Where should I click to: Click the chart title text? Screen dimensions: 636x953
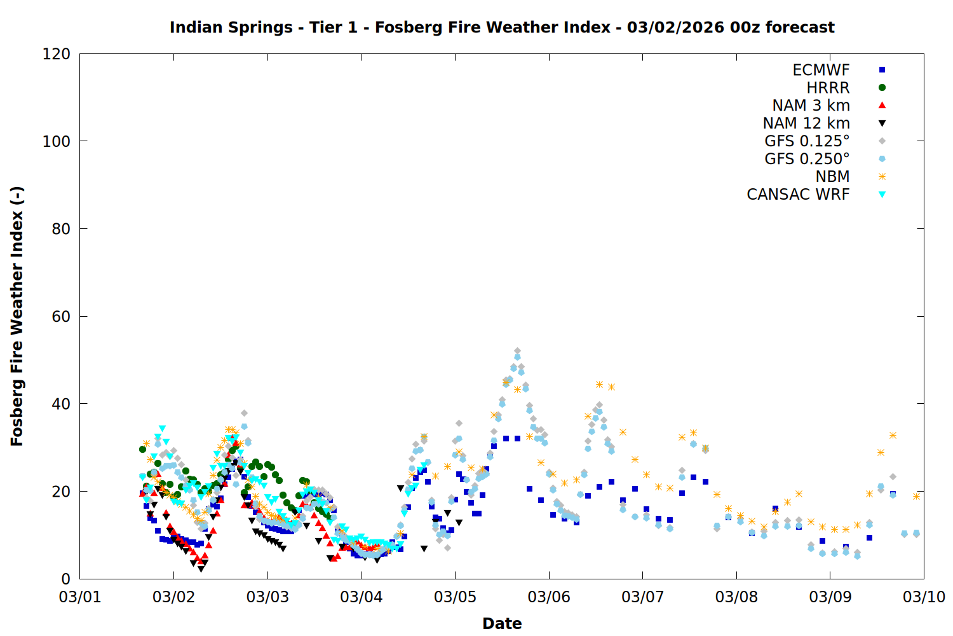tap(502, 27)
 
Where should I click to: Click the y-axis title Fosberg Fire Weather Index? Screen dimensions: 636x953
tap(17, 316)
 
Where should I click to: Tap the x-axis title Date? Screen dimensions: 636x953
tap(502, 623)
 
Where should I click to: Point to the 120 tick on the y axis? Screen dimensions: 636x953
tap(57, 54)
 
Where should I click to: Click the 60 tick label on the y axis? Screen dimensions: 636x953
tap(61, 317)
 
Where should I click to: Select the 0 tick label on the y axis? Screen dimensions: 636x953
tap(65, 579)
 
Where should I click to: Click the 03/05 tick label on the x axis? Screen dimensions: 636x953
tap(455, 597)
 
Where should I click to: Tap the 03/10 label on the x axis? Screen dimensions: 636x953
tap(924, 597)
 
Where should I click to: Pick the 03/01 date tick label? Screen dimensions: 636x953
tap(80, 597)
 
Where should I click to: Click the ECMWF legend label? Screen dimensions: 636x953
tap(821, 70)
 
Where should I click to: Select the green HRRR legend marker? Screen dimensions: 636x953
tap(882, 88)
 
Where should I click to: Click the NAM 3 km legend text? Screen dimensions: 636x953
tap(811, 106)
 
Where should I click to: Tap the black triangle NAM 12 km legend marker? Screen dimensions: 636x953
tap(882, 123)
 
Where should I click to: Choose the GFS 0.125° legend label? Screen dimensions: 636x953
tap(807, 141)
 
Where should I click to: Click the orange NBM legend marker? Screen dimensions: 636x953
tap(882, 177)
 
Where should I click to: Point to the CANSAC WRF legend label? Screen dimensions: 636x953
tap(798, 195)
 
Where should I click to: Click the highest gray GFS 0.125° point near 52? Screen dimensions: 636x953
tap(517, 351)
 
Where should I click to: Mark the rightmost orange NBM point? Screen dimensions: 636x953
tap(916, 496)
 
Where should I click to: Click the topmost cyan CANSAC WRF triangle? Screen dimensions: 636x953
tap(162, 429)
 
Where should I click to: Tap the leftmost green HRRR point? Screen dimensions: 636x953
tap(142, 449)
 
